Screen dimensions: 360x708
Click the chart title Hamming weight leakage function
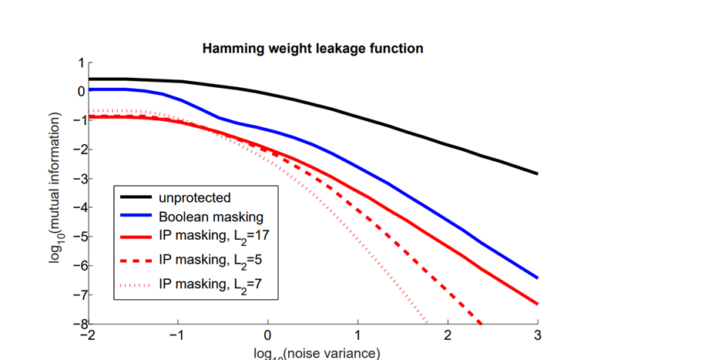[x=312, y=49]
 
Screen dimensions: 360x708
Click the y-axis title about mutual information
[x=55, y=187]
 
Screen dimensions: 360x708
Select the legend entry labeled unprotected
[x=195, y=198]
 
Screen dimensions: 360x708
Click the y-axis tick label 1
[x=80, y=62]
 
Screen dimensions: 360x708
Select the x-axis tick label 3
[x=537, y=337]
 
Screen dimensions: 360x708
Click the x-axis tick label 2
[x=448, y=337]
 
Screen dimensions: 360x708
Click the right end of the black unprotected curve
[x=537, y=173]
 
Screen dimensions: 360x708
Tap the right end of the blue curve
[x=537, y=278]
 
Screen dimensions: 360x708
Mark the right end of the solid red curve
[x=537, y=304]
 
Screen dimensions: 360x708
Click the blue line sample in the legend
[x=136, y=218]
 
